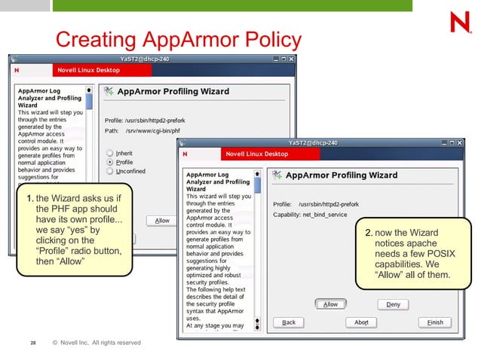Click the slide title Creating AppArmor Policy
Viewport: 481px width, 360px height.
point(179,39)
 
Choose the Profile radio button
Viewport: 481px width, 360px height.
point(110,161)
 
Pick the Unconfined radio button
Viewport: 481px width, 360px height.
point(110,171)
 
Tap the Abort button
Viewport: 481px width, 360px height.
point(361,322)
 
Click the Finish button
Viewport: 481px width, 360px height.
point(435,322)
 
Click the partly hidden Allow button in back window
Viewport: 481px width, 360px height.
point(162,221)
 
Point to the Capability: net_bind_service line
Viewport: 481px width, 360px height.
point(310,215)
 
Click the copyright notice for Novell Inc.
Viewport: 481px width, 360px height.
point(96,343)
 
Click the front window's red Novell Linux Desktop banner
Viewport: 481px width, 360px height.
point(256,154)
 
